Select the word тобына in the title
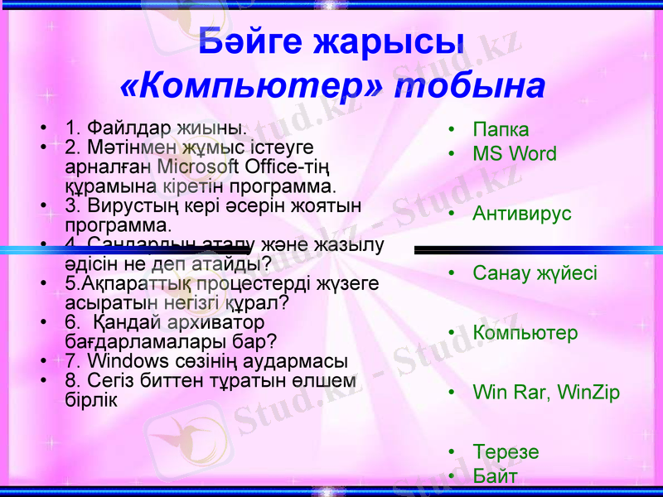(470, 85)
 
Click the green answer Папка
(501, 130)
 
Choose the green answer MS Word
(515, 154)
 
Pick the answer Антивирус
(522, 214)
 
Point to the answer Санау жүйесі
(535, 273)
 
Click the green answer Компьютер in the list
(525, 333)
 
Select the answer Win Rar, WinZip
(546, 393)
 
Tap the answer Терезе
(506, 452)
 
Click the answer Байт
(495, 476)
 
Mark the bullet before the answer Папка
(451, 130)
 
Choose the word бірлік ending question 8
(90, 399)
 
